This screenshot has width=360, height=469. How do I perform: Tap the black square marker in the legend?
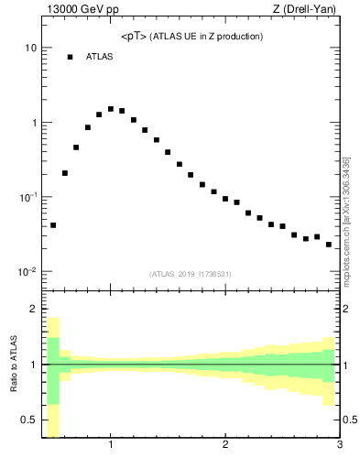point(70,57)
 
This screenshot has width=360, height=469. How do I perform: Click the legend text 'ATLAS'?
point(100,57)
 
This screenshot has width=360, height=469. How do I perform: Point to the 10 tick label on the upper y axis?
point(29,48)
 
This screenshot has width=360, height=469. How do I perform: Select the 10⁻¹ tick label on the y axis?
point(27,197)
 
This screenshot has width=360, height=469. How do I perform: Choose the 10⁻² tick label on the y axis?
point(27,272)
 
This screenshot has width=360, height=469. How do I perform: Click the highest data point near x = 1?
point(111,109)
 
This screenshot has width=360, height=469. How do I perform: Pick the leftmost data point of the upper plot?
point(53,225)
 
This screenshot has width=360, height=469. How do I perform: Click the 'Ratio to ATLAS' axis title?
point(12,365)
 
